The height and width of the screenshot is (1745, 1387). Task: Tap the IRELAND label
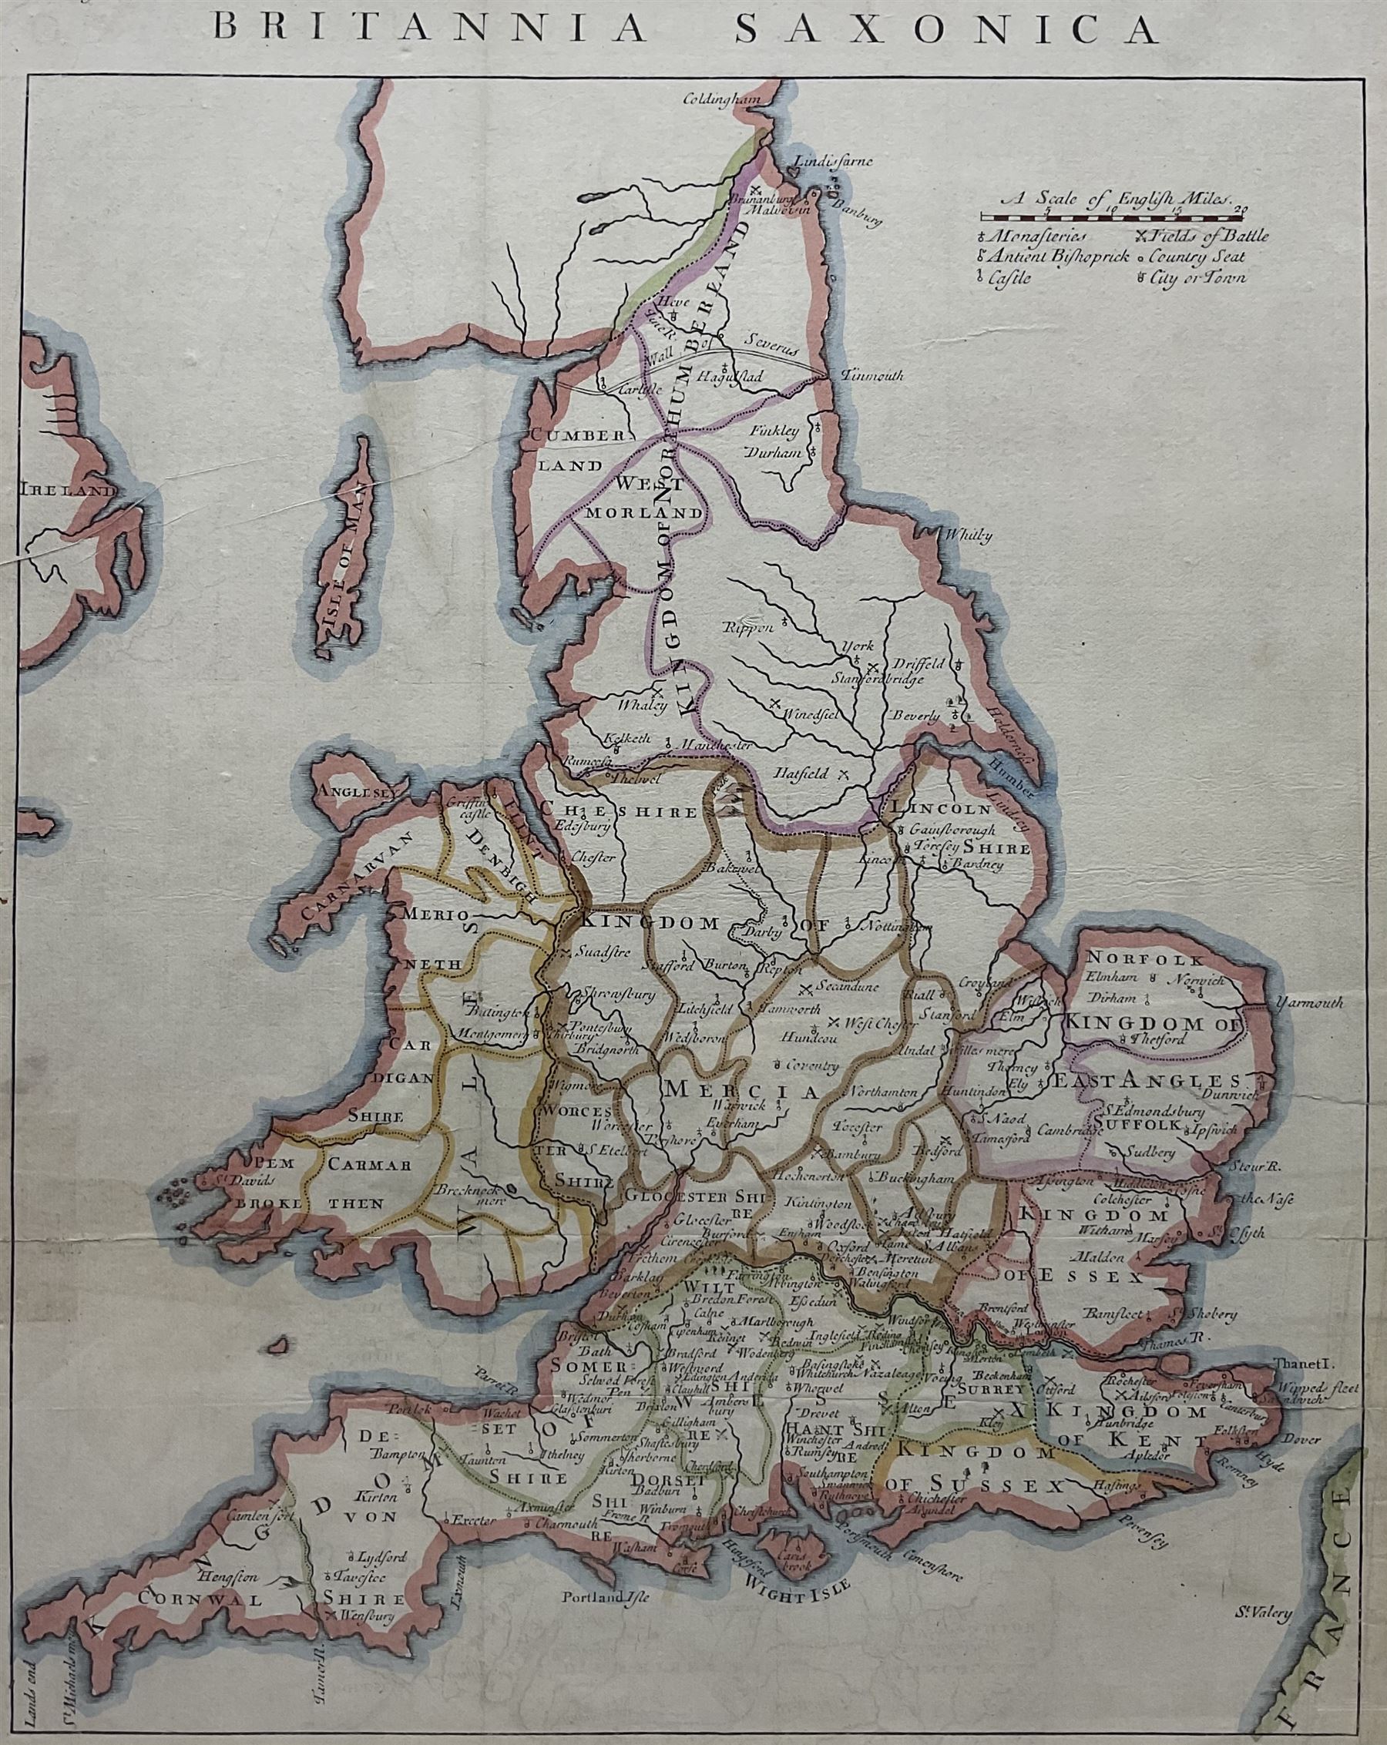tap(66, 491)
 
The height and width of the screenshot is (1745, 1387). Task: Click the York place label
tap(859, 646)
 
